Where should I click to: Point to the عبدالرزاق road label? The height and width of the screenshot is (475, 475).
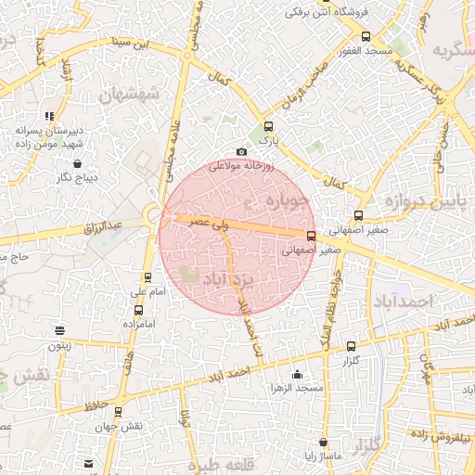coord(103,225)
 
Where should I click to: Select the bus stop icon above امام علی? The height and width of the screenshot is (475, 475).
coord(148,277)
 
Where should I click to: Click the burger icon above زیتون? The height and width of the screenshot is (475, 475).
coord(60,330)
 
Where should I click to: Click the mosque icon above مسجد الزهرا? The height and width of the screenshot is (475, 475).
coord(297,374)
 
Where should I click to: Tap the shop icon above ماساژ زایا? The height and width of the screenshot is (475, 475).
coord(323,443)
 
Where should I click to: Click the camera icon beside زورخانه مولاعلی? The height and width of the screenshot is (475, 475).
coord(242,151)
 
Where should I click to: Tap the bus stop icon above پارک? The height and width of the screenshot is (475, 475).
coord(269,126)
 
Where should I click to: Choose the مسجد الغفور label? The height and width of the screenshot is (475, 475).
coord(366,51)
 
